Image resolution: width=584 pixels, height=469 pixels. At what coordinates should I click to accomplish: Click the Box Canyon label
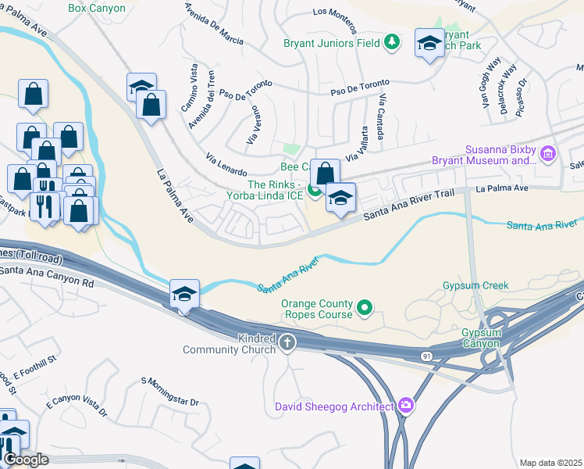(97, 7)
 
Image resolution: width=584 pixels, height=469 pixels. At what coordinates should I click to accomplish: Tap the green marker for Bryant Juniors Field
(394, 41)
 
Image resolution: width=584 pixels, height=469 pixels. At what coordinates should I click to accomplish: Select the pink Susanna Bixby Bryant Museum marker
(548, 154)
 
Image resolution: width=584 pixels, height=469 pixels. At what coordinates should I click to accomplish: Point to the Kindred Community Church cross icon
(287, 342)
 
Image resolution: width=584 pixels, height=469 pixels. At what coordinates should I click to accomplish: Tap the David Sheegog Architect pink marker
(405, 405)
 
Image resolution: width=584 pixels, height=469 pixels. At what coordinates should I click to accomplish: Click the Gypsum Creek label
(475, 285)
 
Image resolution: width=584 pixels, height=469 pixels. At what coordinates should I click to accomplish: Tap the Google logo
(26, 460)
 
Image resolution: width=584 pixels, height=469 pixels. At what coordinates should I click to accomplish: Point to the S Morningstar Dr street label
(170, 392)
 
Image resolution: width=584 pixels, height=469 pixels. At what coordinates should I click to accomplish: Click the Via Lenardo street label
(226, 165)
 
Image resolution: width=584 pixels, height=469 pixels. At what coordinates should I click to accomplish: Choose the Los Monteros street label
(339, 13)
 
